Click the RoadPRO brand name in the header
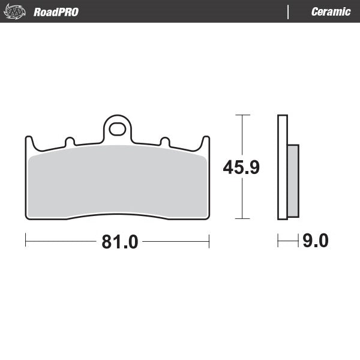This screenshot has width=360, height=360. (56, 11)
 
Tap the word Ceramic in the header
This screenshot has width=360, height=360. (331, 11)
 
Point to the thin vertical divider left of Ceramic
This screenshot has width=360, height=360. (289, 11)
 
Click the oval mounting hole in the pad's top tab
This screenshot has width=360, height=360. (118, 129)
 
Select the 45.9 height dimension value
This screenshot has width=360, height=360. (241, 167)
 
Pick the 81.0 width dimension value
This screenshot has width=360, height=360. (119, 242)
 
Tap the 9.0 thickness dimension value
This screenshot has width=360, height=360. (315, 241)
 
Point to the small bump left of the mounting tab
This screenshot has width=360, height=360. (69, 142)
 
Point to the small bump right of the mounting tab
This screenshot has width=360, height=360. (164, 142)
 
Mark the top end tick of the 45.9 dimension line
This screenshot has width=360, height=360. (242, 114)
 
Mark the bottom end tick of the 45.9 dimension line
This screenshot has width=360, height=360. (242, 219)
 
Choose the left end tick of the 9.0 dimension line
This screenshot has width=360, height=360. (278, 241)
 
